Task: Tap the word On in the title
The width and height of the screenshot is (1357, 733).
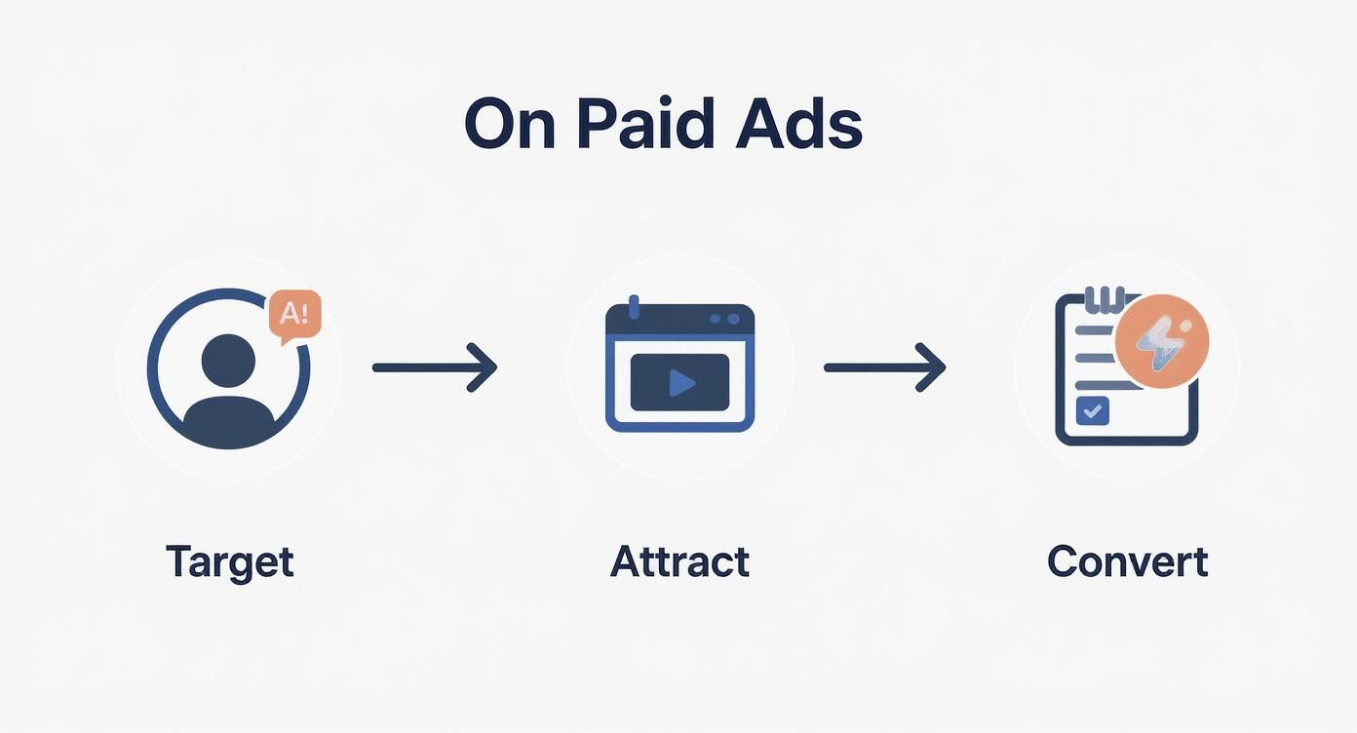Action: click(x=511, y=124)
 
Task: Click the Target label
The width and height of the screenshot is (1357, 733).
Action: click(x=229, y=561)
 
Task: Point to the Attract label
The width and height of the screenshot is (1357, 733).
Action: click(x=679, y=561)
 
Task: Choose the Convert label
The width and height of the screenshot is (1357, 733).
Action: click(x=1127, y=561)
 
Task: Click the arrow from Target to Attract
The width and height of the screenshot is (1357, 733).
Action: click(x=435, y=367)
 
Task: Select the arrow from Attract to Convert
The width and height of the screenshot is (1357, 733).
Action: click(x=884, y=367)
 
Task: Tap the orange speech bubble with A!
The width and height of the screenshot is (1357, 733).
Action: click(x=293, y=314)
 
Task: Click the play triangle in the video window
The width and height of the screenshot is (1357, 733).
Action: click(x=681, y=383)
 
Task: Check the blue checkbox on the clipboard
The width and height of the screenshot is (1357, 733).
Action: click(x=1092, y=410)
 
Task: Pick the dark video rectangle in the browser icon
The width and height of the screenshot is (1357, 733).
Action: click(x=679, y=383)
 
